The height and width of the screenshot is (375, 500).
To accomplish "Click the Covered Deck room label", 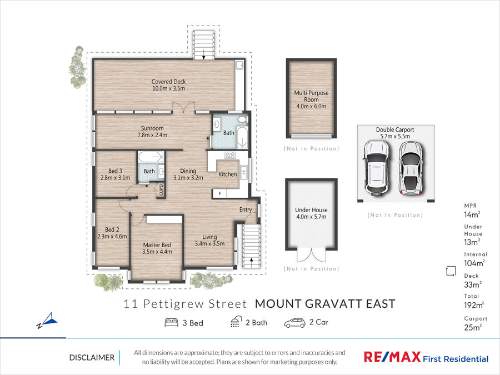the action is coord(168,85).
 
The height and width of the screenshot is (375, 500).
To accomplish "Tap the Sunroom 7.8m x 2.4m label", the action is coord(152,131).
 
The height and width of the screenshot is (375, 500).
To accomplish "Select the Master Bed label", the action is coord(157,248).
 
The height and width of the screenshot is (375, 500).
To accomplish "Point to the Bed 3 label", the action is coord(115,174).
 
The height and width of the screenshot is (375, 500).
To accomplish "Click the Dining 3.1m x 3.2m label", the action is coord(188,174).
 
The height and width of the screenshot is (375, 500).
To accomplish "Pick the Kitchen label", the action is coord(228,174).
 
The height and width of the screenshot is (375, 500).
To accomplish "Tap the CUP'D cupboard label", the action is coord(161,190).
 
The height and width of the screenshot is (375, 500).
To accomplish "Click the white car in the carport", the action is coord(377,168).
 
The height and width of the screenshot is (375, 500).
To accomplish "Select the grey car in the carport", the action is coord(411,168).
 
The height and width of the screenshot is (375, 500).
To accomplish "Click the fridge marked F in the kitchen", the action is coord(219,193).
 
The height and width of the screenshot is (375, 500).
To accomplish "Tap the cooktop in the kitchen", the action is coord(230,156).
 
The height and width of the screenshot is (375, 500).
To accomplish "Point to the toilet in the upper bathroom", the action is coord(243,119).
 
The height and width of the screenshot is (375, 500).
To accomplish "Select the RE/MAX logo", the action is coord(392,357).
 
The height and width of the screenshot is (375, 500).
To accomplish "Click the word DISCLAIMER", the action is coord(92,358).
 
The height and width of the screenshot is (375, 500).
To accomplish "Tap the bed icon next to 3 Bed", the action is coord(171,322).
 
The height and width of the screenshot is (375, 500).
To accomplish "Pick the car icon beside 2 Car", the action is coord(294,323).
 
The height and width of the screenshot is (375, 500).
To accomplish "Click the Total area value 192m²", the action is coord(474,305).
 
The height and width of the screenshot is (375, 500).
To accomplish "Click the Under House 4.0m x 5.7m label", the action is coord(311,213).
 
